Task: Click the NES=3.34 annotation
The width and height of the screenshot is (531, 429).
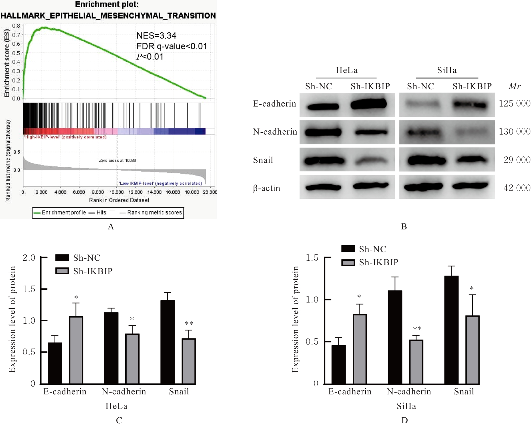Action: pyautogui.click(x=156, y=36)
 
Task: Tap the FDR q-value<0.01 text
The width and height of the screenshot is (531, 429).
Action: pyautogui.click(x=171, y=46)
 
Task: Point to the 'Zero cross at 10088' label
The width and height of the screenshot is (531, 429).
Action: pyautogui.click(x=117, y=161)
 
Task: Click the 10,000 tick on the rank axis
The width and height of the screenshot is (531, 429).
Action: pyautogui.click(x=117, y=192)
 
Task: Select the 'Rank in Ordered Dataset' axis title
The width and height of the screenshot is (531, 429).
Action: pyautogui.click(x=119, y=200)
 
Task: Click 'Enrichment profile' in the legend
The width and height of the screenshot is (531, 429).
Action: pyautogui.click(x=64, y=212)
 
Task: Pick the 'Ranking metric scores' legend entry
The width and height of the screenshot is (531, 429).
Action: pyautogui.click(x=154, y=212)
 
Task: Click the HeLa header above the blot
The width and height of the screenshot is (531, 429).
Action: pyautogui.click(x=346, y=70)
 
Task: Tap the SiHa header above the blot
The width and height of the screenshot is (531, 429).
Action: pyautogui.click(x=447, y=70)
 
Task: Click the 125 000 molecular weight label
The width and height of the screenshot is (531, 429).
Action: pyautogui.click(x=515, y=104)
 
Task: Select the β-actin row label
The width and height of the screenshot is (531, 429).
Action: pyautogui.click(x=267, y=188)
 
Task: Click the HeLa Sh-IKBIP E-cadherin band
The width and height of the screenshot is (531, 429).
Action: pyautogui.click(x=369, y=104)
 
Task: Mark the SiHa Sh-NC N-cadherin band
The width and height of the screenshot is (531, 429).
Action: pyautogui.click(x=423, y=132)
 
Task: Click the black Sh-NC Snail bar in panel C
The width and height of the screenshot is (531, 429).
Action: pyautogui.click(x=168, y=342)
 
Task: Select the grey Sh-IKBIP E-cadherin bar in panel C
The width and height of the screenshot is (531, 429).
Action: pyautogui.click(x=76, y=350)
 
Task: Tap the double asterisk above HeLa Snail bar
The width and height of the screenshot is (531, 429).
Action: pyautogui.click(x=189, y=324)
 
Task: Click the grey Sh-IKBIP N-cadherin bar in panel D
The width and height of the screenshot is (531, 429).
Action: pyautogui.click(x=416, y=362)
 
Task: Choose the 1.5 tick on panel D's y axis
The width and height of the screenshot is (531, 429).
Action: pyautogui.click(x=312, y=258)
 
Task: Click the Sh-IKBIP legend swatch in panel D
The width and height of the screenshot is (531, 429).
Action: pyautogui.click(x=348, y=263)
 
